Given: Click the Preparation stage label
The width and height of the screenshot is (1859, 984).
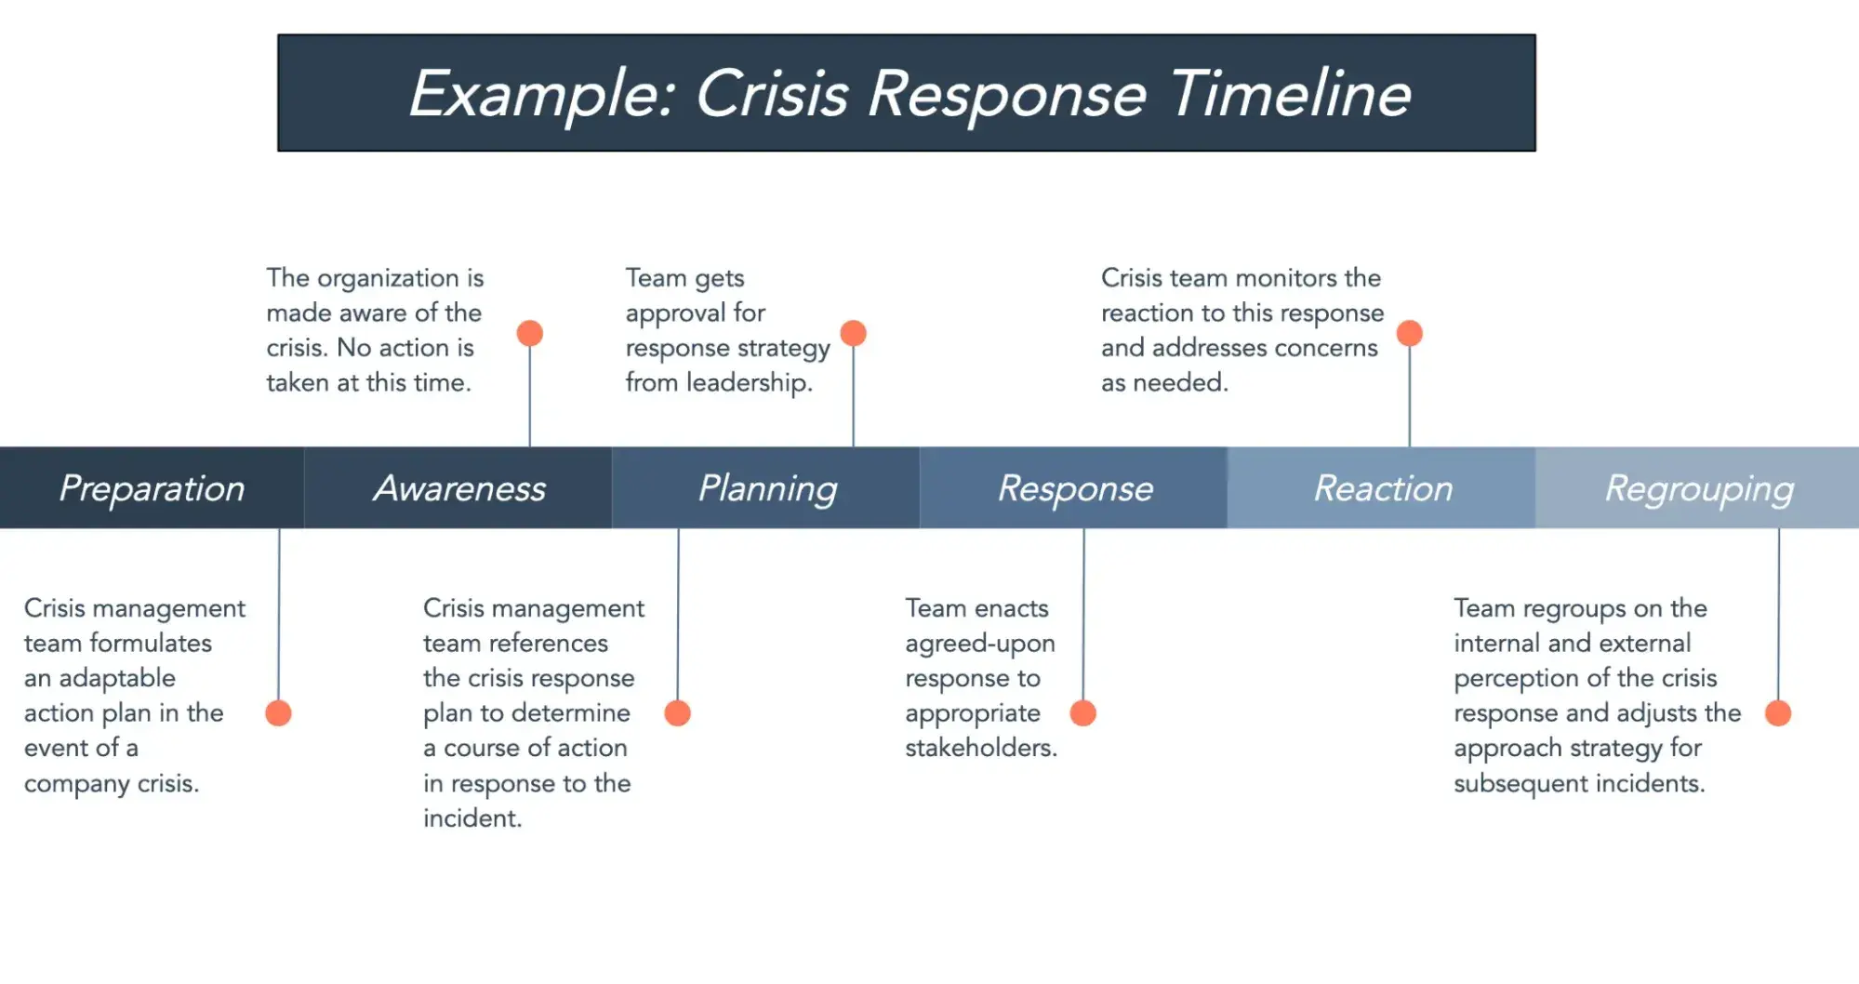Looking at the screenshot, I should click(152, 488).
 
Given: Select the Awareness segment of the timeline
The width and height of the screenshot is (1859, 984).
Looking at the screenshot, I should click(458, 488).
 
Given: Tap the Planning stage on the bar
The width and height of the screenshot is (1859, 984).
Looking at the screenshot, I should click(767, 488).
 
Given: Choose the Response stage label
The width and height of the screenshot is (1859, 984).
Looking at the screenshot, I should click(1075, 488).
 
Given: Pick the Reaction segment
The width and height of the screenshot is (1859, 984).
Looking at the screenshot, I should click(1383, 488).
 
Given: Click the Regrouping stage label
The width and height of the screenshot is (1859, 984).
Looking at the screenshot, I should click(1698, 488).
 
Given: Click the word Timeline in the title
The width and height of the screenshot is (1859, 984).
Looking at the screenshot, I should click(1290, 94).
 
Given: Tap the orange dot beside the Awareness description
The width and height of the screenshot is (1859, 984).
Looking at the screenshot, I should click(530, 333).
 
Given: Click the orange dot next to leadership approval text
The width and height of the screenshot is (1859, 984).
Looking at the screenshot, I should click(853, 333).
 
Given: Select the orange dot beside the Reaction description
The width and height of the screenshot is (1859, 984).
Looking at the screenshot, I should click(1410, 333).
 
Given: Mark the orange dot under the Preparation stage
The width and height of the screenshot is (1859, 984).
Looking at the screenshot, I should click(278, 713).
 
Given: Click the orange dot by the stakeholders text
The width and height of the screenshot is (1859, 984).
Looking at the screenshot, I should click(1083, 713).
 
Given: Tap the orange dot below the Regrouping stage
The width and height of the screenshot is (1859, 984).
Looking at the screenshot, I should click(1778, 713).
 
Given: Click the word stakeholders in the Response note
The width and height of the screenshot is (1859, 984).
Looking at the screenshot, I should click(980, 748).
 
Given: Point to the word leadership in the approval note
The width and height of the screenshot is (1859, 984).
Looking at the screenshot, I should click(749, 382).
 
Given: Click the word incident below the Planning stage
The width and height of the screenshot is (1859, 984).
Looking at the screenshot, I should click(471, 818).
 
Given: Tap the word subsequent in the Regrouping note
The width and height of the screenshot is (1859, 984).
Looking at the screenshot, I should click(1521, 783).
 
